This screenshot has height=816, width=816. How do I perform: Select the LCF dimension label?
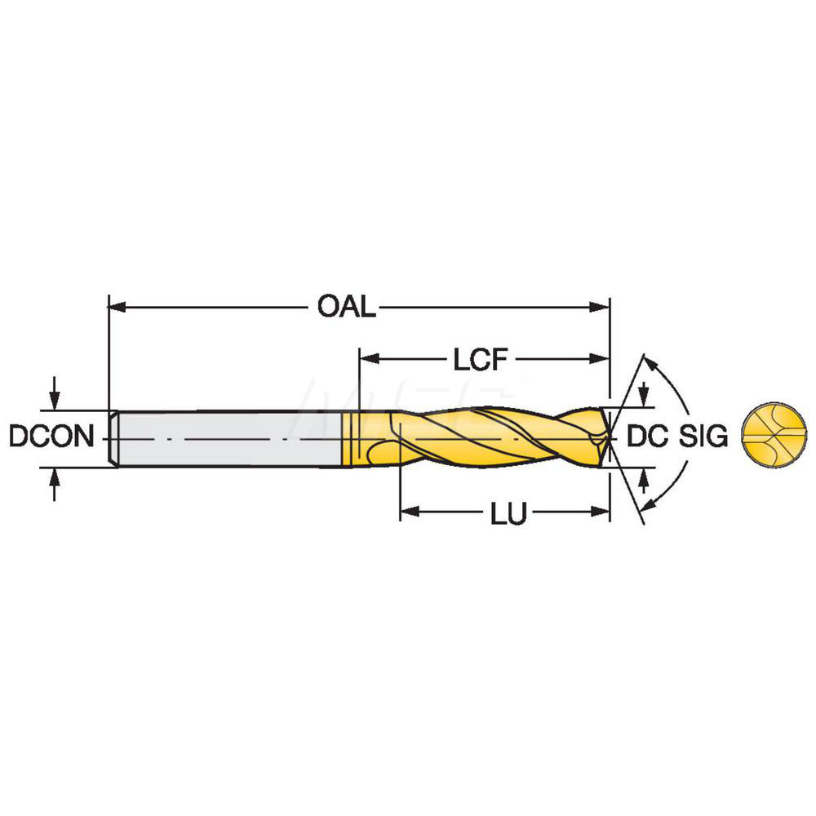(481, 359)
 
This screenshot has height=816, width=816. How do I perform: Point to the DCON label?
(51, 437)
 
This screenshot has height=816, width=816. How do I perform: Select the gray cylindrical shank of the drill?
(228, 438)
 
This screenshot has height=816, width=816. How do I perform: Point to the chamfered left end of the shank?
(114, 438)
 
